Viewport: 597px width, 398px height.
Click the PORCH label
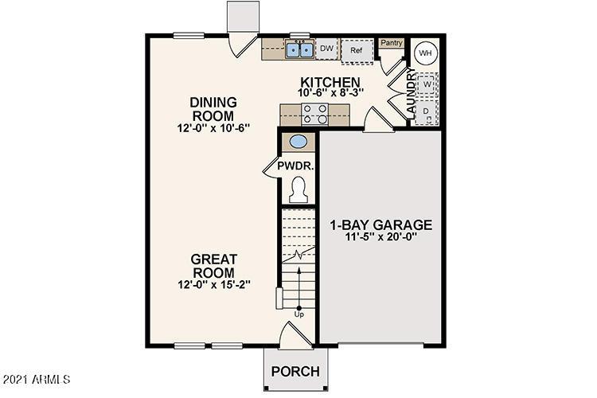tap(295, 372)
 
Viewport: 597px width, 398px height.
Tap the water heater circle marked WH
tap(425, 53)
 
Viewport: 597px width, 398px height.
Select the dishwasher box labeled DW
tap(326, 49)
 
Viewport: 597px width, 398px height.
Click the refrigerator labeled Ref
tap(357, 50)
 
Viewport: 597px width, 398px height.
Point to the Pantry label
tap(390, 44)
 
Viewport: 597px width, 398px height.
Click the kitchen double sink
tap(300, 50)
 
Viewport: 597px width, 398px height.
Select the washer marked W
tap(427, 84)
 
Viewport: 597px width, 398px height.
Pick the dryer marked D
tap(427, 111)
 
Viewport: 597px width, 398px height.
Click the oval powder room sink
tap(298, 143)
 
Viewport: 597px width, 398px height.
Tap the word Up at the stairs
tap(299, 314)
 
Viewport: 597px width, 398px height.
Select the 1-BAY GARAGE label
tap(380, 224)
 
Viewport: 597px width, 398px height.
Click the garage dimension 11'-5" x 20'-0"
tap(380, 236)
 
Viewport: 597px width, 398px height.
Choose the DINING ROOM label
tap(214, 109)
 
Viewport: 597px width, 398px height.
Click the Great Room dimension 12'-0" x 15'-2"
tap(214, 284)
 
